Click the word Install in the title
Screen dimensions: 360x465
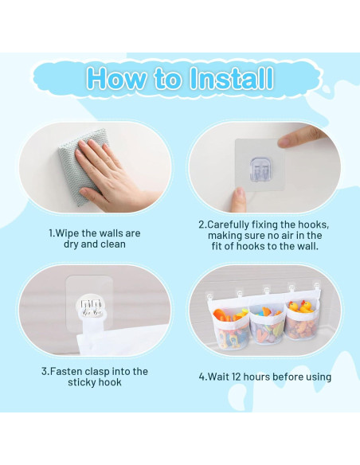[232, 78]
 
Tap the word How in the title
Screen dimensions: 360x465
[116, 78]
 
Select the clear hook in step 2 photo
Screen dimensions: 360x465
[260, 169]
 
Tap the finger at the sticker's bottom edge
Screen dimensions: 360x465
[239, 200]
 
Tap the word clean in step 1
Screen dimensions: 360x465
[113, 244]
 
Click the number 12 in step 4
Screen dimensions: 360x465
[237, 377]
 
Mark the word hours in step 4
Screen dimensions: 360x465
[256, 377]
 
